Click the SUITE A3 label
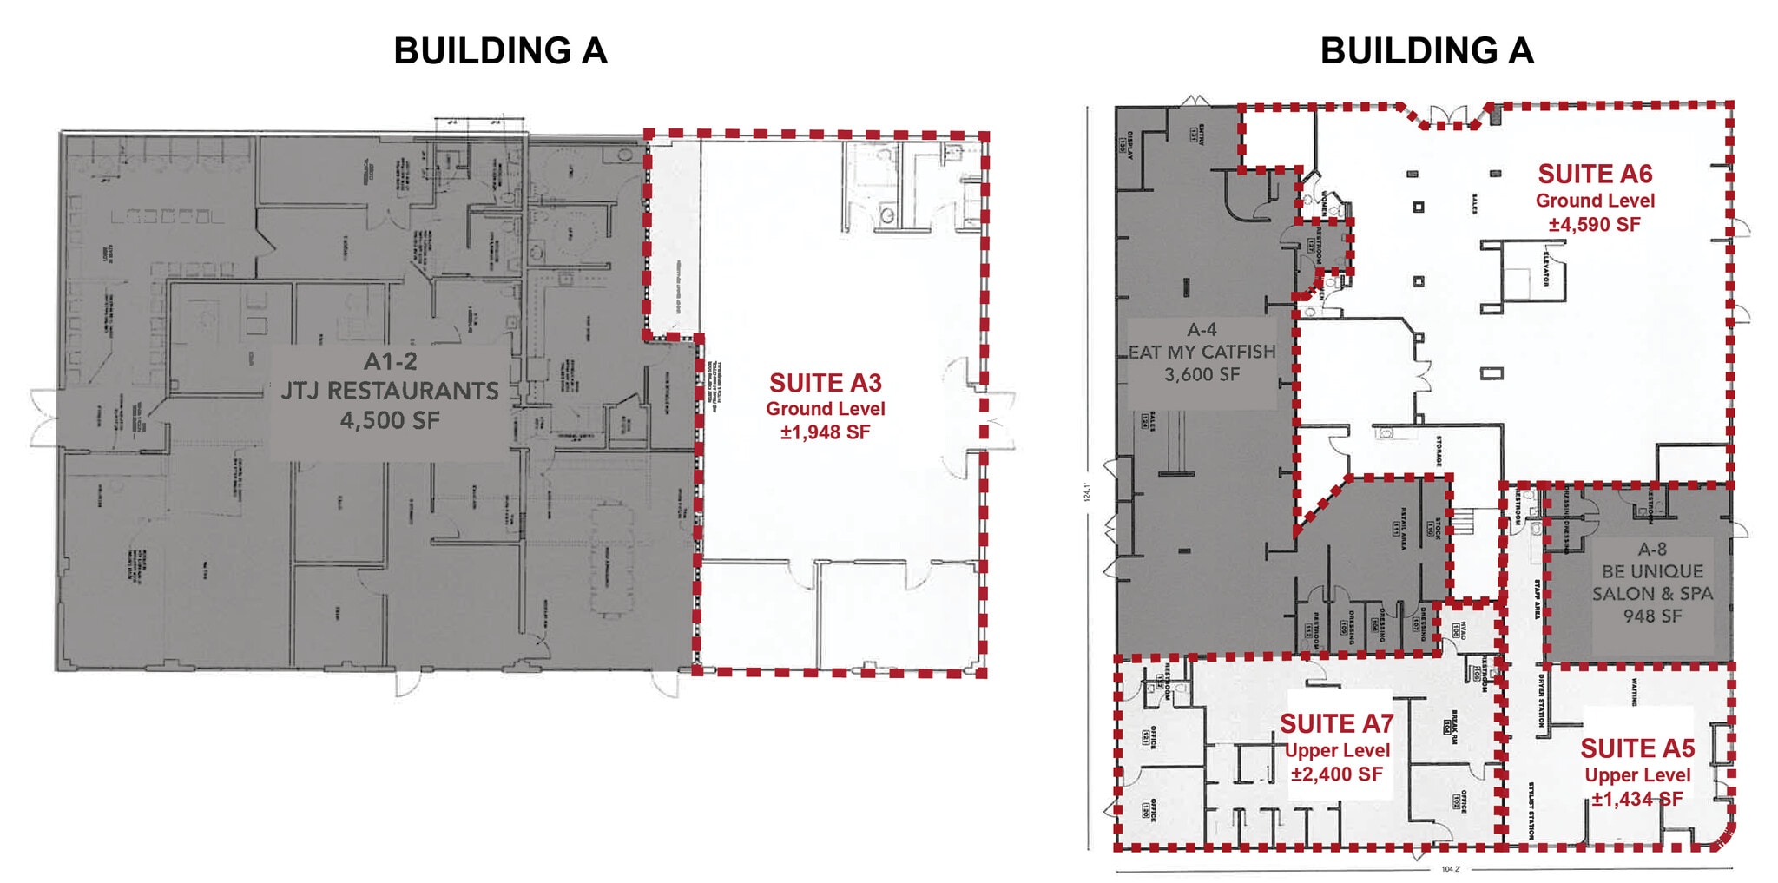[825, 383]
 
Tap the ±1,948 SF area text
[825, 432]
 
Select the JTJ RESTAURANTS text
[390, 391]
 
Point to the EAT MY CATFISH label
[1202, 352]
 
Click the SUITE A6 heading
[1595, 175]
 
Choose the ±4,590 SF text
[1595, 225]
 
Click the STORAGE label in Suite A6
[1439, 451]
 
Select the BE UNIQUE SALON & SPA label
[1652, 583]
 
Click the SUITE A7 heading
[1336, 724]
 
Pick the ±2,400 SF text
[1336, 774]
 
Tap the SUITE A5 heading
[1637, 749]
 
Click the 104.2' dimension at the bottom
[1451, 869]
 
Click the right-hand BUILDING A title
[1426, 51]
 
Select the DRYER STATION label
[1541, 701]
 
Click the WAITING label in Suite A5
[1634, 692]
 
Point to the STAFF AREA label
[1538, 599]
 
